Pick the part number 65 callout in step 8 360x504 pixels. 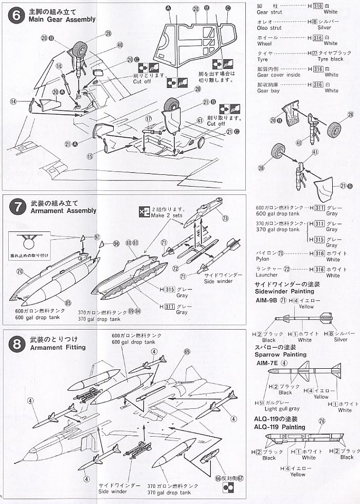(187, 352)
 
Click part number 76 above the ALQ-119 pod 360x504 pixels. (322, 421)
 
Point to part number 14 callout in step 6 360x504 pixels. (14, 102)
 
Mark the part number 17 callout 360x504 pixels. (148, 119)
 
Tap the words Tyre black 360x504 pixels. (330, 59)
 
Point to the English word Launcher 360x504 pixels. (266, 275)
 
